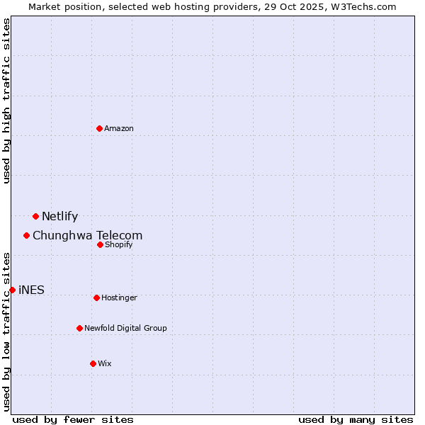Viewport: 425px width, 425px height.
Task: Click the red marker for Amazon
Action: tap(100, 128)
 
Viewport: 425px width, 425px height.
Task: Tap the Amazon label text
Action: tap(119, 129)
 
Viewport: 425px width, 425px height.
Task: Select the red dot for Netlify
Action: tap(35, 216)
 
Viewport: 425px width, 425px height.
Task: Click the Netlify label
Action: tap(59, 217)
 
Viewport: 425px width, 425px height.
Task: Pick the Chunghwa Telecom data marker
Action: tap(27, 235)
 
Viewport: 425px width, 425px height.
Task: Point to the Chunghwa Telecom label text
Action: tap(87, 235)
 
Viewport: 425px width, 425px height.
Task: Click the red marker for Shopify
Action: tap(100, 244)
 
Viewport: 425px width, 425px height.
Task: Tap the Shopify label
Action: tap(119, 245)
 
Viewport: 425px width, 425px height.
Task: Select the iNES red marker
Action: tap(12, 290)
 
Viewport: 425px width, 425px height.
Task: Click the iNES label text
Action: tap(31, 290)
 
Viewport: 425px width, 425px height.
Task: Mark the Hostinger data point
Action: tap(96, 297)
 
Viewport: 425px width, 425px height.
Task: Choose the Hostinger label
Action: tap(119, 298)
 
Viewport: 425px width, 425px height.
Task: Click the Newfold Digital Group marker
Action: tap(79, 328)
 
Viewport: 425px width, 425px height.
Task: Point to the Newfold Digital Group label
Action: tap(125, 329)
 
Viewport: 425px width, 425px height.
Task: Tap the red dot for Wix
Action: tap(93, 363)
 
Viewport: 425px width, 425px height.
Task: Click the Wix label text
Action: tap(105, 364)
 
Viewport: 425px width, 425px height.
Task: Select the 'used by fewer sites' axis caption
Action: tap(73, 419)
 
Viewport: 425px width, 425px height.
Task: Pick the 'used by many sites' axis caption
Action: tap(356, 419)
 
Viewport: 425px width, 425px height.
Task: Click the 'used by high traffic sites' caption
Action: tap(7, 101)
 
